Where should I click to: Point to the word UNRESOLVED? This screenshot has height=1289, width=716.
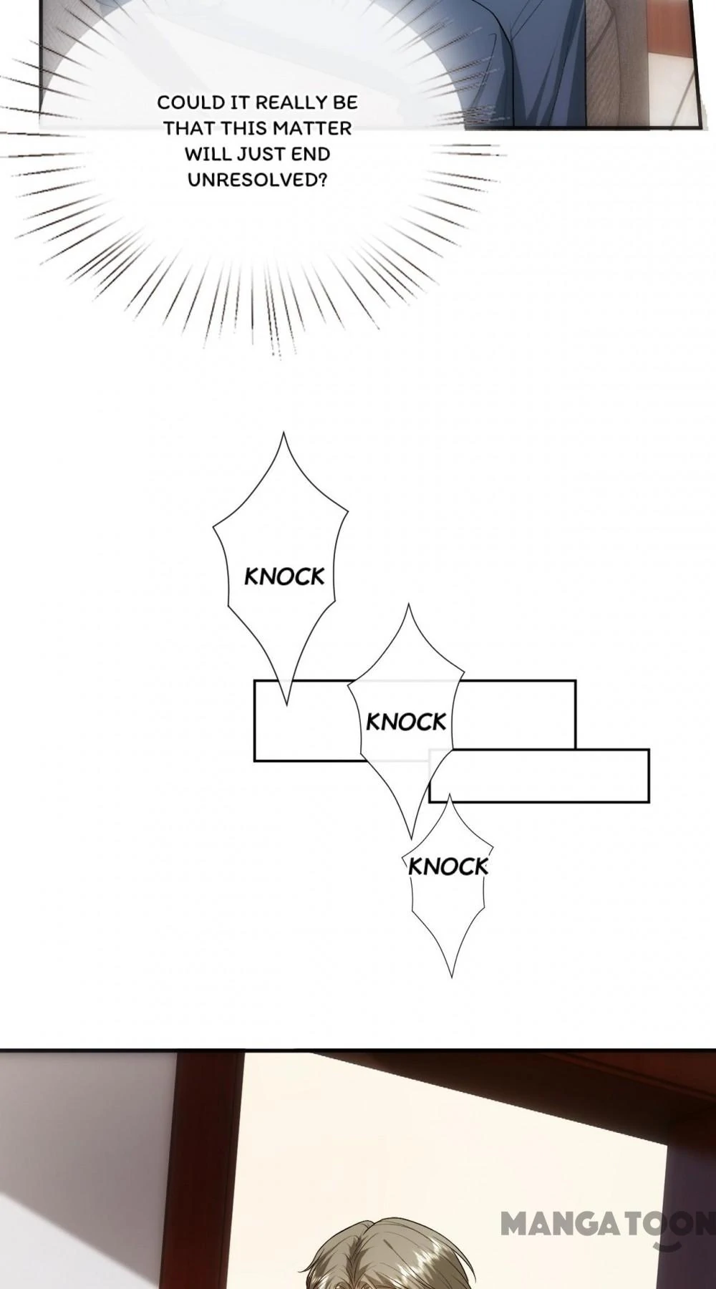click(258, 180)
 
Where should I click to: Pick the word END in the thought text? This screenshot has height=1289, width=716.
click(314, 154)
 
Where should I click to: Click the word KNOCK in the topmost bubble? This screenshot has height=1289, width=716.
click(284, 576)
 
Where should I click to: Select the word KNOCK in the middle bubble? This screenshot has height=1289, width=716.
click(406, 722)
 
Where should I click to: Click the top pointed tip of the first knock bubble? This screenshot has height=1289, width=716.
click(284, 434)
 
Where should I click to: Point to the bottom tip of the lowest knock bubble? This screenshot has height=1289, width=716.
click(451, 975)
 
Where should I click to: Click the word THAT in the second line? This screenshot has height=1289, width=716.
click(189, 128)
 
